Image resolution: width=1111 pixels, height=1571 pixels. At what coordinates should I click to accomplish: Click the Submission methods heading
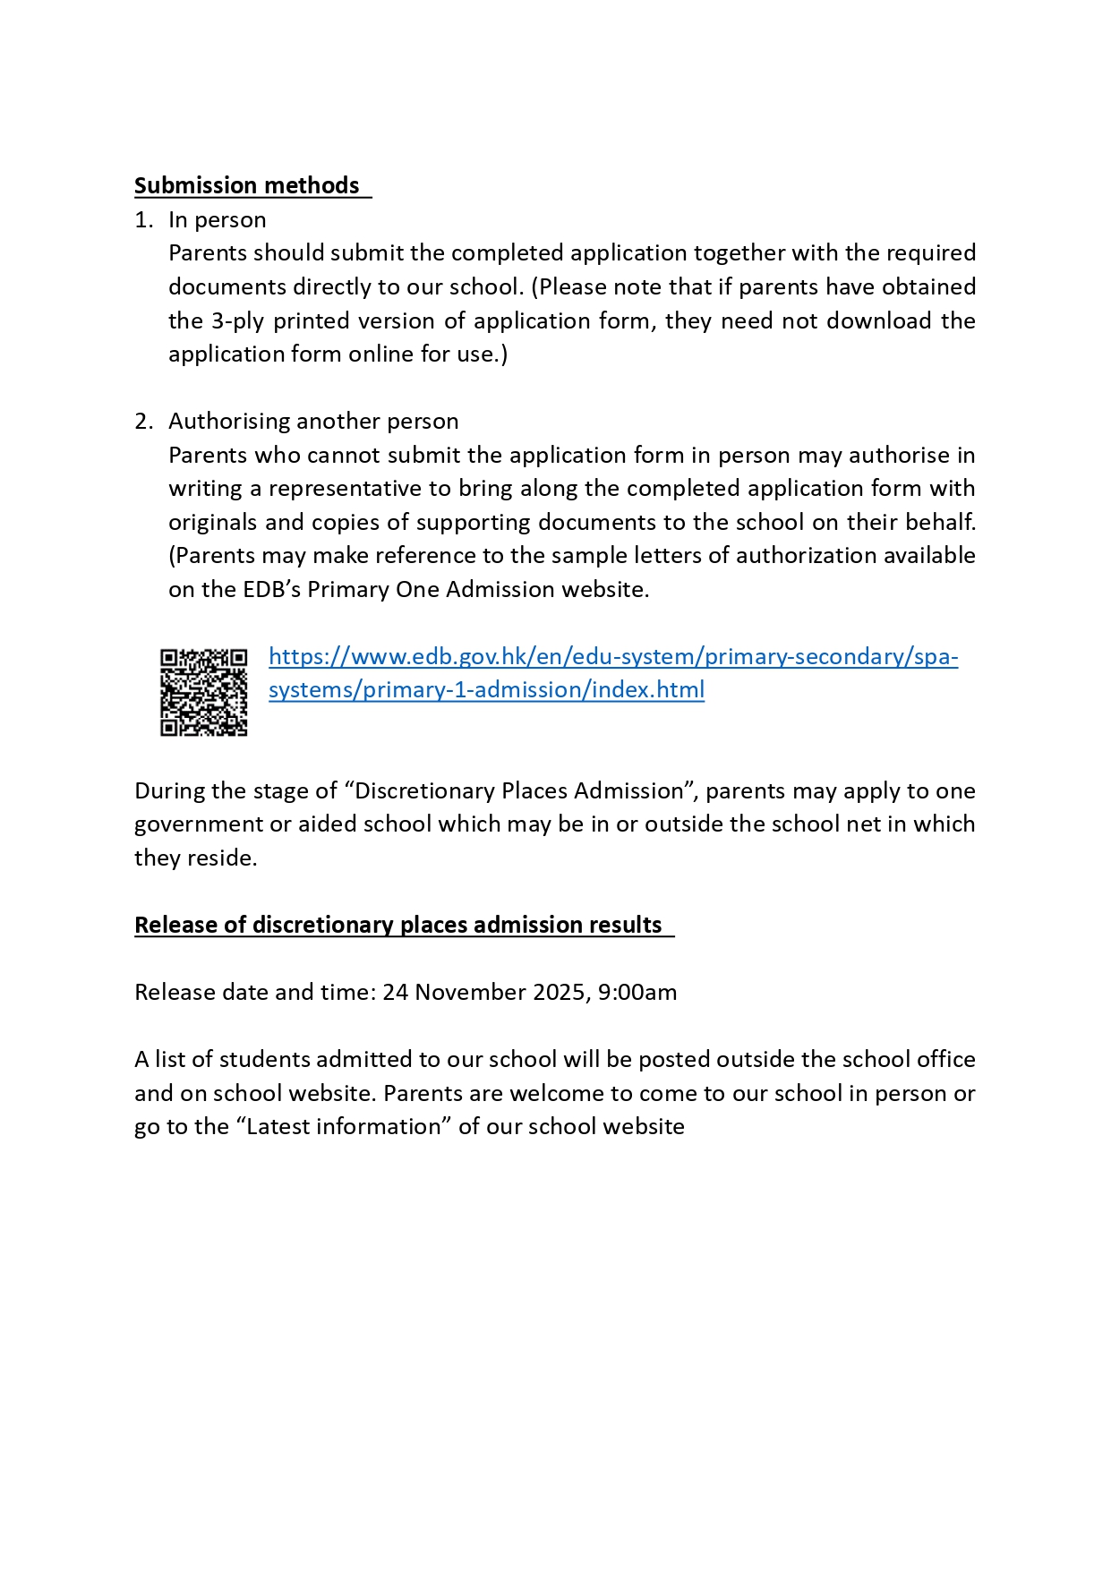247,185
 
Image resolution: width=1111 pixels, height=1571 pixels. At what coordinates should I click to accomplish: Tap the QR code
204,693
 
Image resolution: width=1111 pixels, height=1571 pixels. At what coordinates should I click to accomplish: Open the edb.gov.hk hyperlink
613,657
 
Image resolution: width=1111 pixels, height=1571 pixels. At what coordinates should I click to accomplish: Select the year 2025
559,992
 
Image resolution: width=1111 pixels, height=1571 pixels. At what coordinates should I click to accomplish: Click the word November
470,992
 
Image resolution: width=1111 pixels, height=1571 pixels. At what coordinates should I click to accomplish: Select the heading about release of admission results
398,925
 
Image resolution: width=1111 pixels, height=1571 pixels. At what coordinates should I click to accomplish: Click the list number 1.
142,220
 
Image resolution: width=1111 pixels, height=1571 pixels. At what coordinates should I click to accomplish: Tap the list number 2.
143,422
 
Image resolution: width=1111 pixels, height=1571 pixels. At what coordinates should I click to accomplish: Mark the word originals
213,523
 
